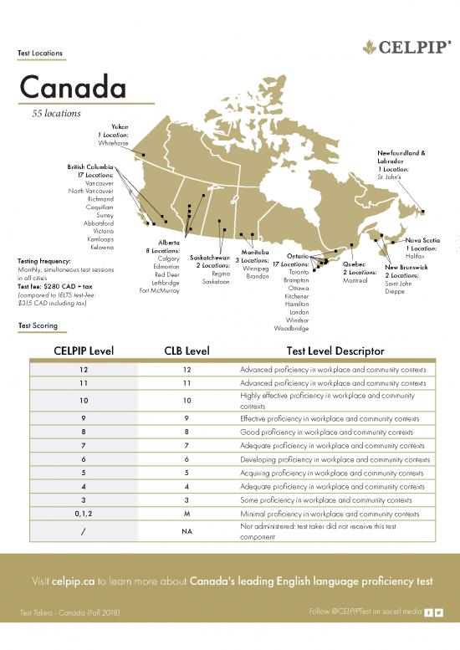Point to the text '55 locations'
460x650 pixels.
[56, 113]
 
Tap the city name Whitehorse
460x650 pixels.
[113, 143]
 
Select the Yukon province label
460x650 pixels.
[120, 125]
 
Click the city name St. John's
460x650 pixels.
[391, 177]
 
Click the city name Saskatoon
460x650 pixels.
[216, 282]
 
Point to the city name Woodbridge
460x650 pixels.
[291, 328]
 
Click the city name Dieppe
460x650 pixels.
[396, 291]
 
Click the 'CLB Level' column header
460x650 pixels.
[186, 351]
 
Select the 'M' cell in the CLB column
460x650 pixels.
[186, 514]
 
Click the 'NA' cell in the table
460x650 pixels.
[186, 531]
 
